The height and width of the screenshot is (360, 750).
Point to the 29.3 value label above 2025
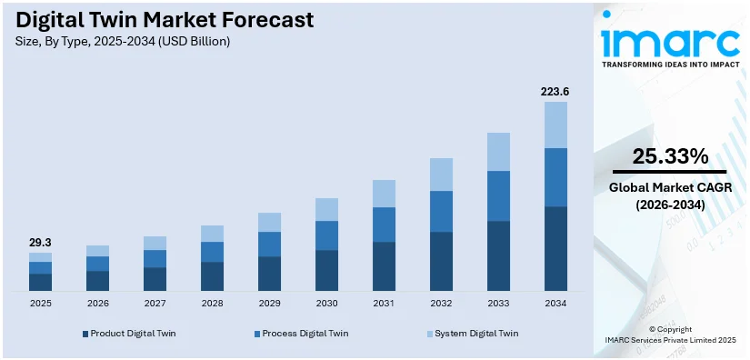[40, 243]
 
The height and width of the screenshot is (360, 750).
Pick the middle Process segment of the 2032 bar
[441, 211]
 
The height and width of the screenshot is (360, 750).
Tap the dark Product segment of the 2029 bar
[269, 274]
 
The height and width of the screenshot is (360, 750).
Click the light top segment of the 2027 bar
[155, 243]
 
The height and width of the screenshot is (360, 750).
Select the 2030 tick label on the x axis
[326, 303]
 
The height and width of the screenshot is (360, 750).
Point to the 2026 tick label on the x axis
[97, 303]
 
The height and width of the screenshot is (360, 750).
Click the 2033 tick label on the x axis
[498, 303]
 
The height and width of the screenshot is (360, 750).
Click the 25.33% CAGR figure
[670, 156]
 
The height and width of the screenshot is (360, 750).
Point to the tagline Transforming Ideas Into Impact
[670, 65]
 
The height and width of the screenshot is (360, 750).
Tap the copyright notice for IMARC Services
[670, 335]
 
